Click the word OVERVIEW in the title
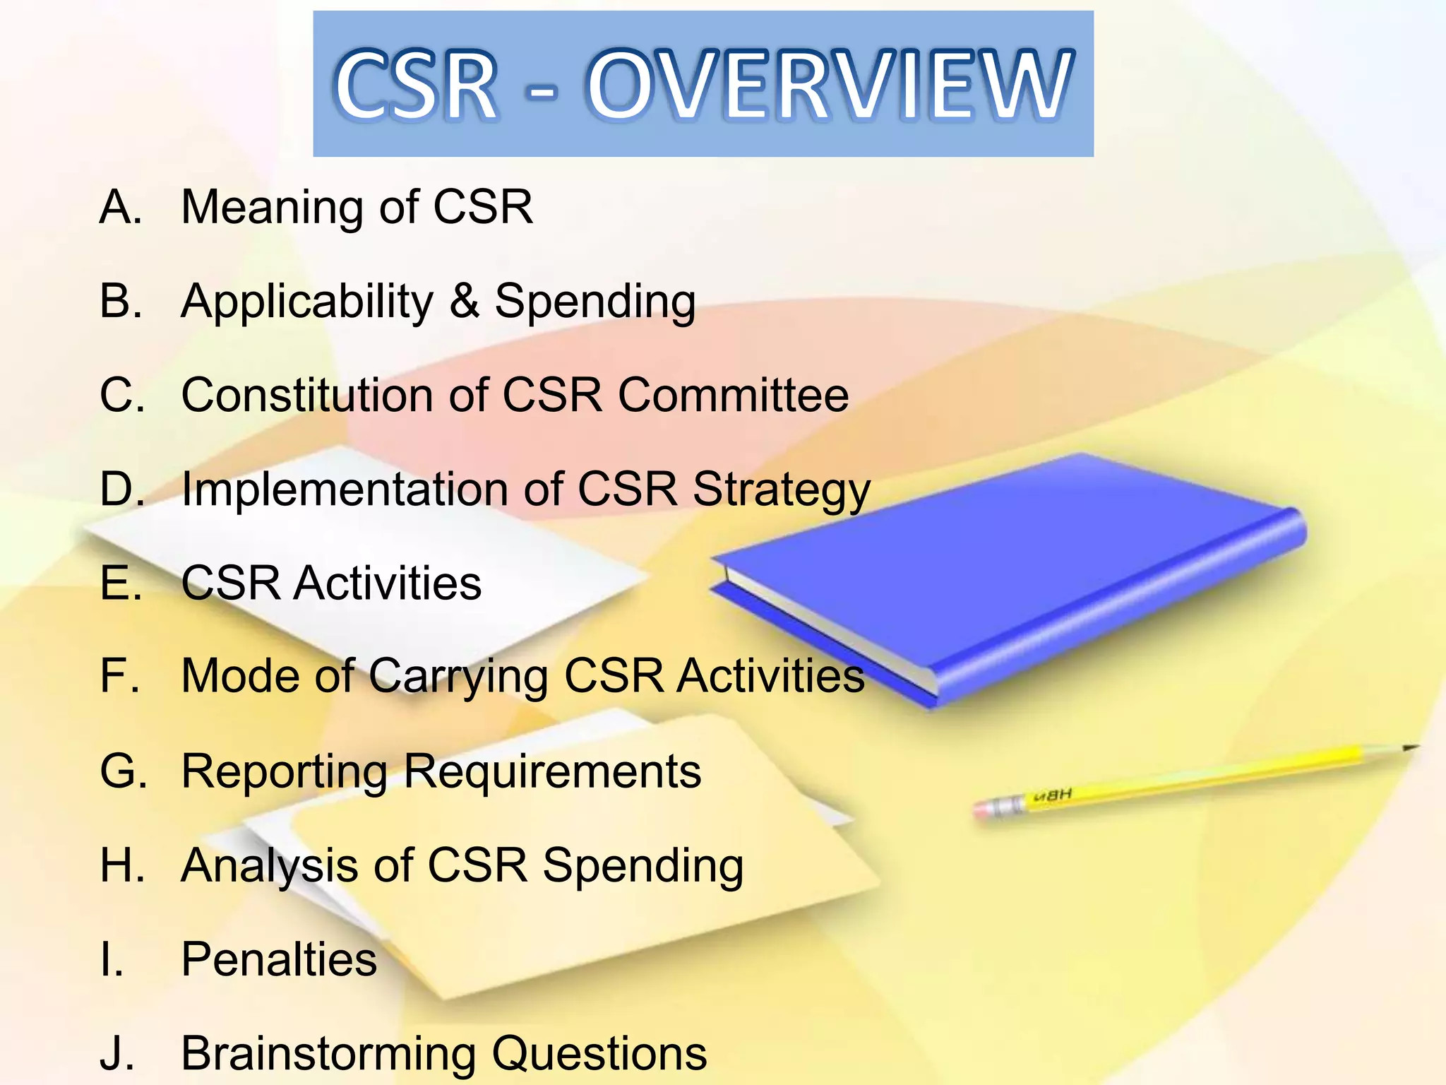[830, 85]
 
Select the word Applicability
[306, 302]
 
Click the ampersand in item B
[464, 301]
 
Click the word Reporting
[285, 772]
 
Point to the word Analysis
[269, 866]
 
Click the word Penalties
[279, 959]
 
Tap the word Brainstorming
[328, 1053]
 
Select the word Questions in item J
[599, 1053]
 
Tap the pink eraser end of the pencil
[983, 809]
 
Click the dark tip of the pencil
[1410, 747]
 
